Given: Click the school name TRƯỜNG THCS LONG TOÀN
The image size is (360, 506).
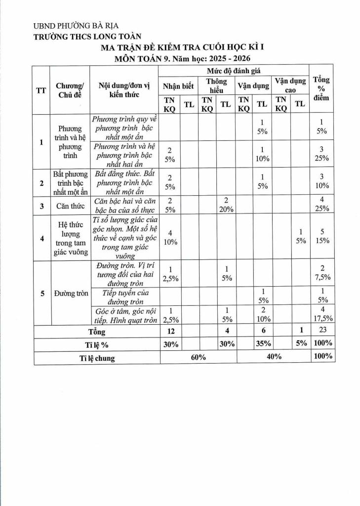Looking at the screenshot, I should coord(87,36).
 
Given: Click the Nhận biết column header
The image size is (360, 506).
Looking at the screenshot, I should coord(178,86).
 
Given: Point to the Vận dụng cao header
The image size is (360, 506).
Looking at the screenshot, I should coord(290,85).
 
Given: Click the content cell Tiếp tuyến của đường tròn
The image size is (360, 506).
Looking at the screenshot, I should coord(125,295).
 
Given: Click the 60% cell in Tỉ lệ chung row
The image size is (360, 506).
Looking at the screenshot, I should coord(199,357).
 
